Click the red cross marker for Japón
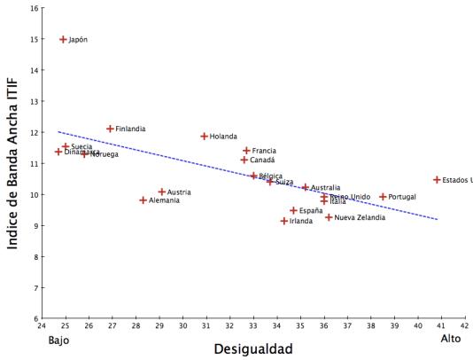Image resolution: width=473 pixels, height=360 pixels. tap(63, 40)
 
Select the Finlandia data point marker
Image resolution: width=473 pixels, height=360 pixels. tap(110, 129)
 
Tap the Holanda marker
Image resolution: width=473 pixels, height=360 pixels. tap(204, 137)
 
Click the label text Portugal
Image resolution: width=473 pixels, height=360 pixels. tap(402, 197)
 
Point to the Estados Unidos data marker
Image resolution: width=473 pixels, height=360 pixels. tap(437, 180)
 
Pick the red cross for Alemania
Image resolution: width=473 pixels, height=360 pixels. tap(143, 200)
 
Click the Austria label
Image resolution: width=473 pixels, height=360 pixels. tap(179, 192)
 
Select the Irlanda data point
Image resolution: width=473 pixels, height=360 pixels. tap(284, 221)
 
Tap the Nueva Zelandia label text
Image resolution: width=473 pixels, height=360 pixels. tap(360, 217)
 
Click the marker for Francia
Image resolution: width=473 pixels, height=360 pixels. tap(246, 151)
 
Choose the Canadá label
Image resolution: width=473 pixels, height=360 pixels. tap(262, 160)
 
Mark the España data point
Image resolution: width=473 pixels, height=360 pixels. tap(293, 211)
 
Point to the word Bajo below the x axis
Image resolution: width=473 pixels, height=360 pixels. tap(58, 340)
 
